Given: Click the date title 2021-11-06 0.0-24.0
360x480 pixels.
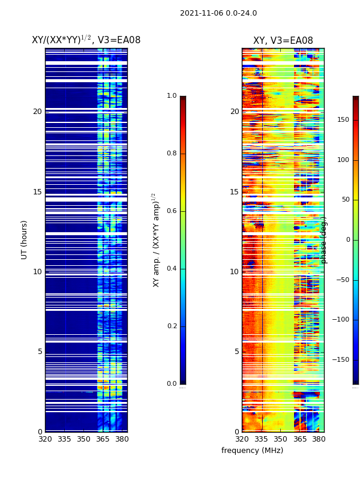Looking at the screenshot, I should click(218, 13).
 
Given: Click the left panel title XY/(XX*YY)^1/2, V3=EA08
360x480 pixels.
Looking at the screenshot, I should click(86, 40).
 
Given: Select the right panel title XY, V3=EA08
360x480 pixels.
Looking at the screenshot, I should click(283, 41).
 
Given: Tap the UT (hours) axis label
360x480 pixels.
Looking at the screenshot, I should click(25, 239).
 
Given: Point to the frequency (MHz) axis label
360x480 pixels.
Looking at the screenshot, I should click(252, 451).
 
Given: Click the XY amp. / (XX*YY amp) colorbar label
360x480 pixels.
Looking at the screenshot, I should click(156, 239).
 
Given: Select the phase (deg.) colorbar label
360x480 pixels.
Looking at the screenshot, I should click(324, 239).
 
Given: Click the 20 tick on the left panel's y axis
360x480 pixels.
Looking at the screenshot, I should click(37, 112).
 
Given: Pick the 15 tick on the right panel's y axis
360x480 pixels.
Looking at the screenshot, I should click(234, 192).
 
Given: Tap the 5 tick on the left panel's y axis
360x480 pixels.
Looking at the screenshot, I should click(40, 352).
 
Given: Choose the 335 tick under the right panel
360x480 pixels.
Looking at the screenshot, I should click(260, 439).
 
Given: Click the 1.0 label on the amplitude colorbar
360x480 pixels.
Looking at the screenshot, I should click(172, 96).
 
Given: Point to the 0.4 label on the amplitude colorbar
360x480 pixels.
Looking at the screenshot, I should click(172, 269).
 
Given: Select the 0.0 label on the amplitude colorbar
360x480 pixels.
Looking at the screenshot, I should click(172, 384).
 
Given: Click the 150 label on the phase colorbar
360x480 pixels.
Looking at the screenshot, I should click(343, 120).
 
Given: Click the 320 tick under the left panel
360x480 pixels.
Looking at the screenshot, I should click(45, 439).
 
